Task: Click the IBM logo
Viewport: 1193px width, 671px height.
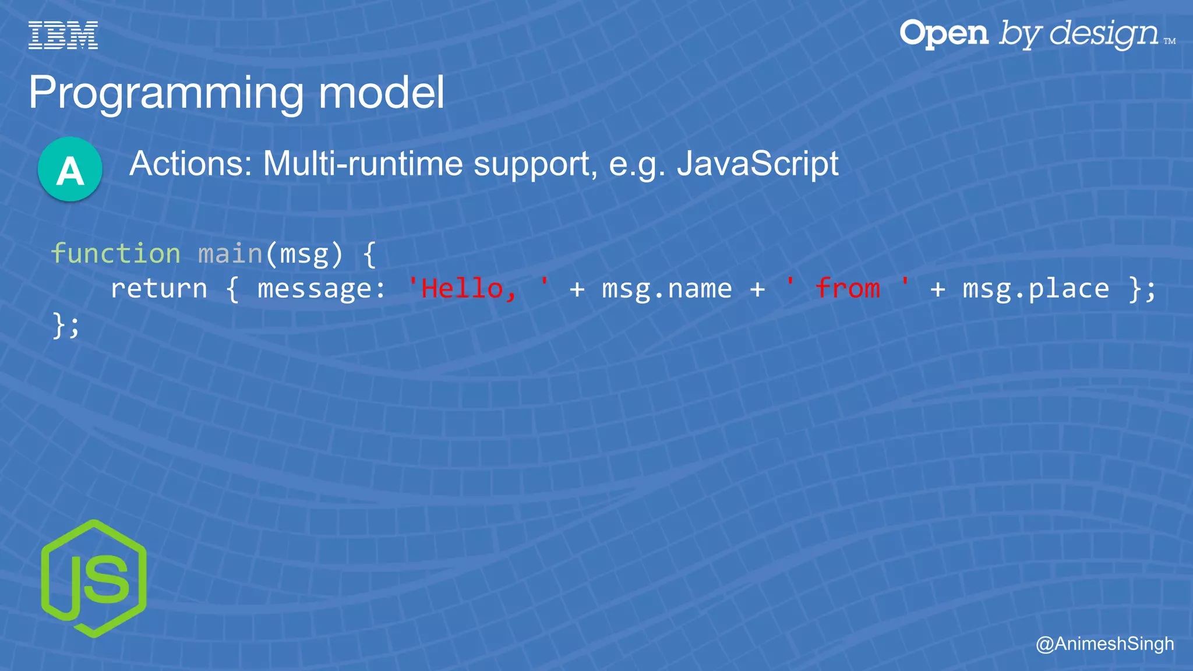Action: coord(63,35)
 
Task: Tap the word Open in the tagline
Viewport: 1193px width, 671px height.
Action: coord(944,34)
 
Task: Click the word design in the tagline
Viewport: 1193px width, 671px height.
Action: coord(1104,34)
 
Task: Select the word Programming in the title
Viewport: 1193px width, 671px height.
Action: coord(166,93)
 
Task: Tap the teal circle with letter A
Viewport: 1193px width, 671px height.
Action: coord(70,169)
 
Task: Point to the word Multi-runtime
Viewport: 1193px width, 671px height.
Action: coord(363,164)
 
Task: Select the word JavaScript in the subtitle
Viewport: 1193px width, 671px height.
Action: coord(757,164)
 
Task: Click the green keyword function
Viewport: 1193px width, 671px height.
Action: coord(115,253)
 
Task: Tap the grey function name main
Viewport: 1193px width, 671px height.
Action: coord(231,253)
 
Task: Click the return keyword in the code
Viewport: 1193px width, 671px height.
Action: coord(159,289)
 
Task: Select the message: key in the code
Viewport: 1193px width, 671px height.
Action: coord(322,289)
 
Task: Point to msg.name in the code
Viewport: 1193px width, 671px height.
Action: coord(667,289)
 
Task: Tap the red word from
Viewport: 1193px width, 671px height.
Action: coord(848,289)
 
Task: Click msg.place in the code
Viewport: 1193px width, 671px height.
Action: coord(1036,289)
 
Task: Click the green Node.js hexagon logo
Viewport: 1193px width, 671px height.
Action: coord(94,578)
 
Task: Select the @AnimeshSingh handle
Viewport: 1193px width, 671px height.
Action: coord(1104,644)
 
